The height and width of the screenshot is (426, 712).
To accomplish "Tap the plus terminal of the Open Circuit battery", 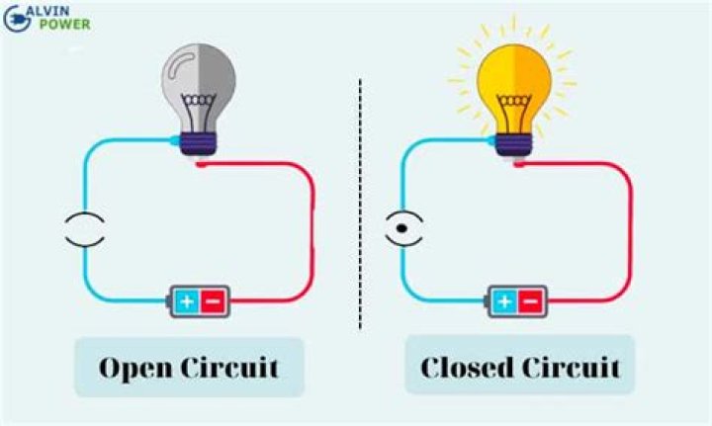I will [x=185, y=299].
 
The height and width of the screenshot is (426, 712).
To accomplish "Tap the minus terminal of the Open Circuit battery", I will [x=214, y=299].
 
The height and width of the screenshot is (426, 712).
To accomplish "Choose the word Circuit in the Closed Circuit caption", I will [x=572, y=369].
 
